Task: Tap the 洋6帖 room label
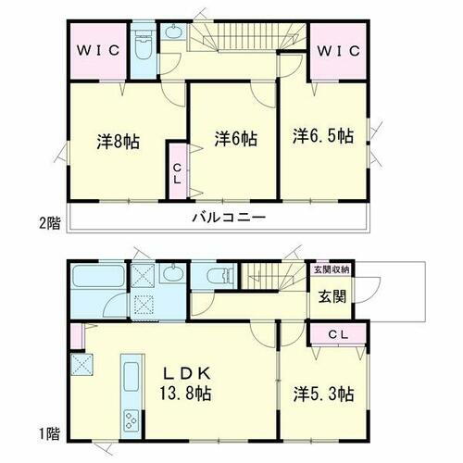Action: (x=235, y=138)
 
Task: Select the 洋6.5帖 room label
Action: (x=323, y=134)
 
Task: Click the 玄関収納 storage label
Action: (x=331, y=269)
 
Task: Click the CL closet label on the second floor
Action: (x=177, y=173)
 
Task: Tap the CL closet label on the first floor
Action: (x=337, y=334)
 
